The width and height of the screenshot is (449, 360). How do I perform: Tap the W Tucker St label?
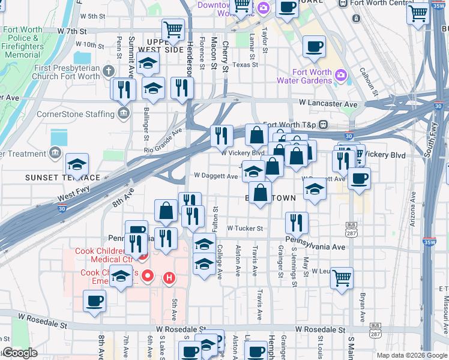tap(245, 229)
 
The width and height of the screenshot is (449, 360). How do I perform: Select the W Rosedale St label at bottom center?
tap(180, 329)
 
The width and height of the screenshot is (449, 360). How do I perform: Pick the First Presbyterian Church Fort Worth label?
tap(67, 72)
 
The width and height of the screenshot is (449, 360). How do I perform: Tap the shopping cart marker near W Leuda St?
tap(342, 278)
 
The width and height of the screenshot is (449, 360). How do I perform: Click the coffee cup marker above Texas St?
tap(314, 47)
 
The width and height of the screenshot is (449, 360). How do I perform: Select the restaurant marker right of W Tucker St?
tap(297, 223)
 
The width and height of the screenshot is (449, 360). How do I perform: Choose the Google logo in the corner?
tap(20, 353)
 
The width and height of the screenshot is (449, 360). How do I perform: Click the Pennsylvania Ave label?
tap(316, 247)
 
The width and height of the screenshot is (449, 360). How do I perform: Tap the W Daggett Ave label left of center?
tap(215, 176)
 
